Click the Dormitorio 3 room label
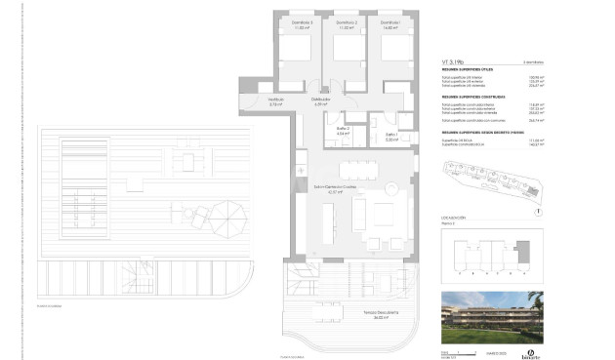tap(302, 22)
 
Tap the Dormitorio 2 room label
tap(346, 22)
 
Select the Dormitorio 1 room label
tap(389, 22)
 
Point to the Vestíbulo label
tap(276, 99)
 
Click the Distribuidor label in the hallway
tap(320, 100)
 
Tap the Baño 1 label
tap(390, 135)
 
